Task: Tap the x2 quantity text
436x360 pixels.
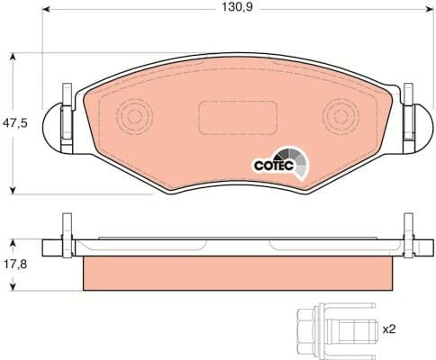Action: pyautogui.click(x=389, y=329)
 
